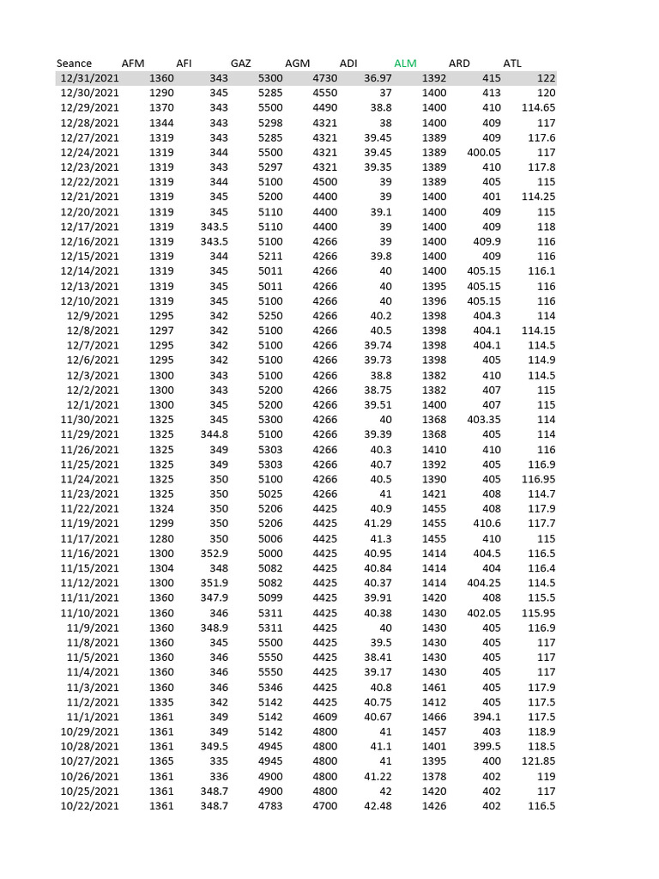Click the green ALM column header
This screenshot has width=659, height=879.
(405, 64)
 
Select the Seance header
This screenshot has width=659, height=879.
(74, 64)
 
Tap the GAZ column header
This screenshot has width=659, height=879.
(241, 64)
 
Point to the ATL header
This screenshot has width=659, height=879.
(512, 64)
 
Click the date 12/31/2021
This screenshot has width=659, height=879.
(89, 78)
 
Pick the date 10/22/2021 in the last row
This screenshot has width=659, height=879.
(89, 806)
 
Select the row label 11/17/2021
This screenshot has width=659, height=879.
(89, 538)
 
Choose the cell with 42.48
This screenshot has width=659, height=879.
(378, 806)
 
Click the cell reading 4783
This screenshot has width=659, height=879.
(270, 806)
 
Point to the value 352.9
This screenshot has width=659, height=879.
(215, 554)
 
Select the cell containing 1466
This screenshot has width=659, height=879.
(434, 717)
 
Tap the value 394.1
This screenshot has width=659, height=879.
(487, 717)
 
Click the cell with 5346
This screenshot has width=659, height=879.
(270, 687)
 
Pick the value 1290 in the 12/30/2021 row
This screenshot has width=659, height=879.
(161, 93)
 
